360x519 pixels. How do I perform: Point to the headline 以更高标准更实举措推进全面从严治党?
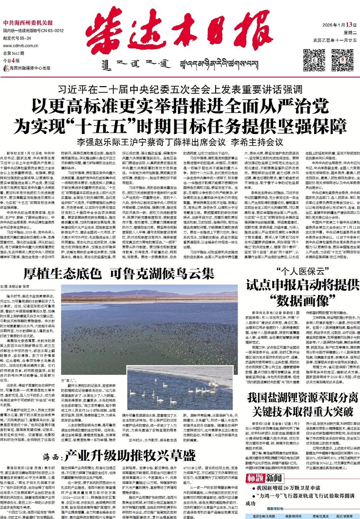tap(180, 107)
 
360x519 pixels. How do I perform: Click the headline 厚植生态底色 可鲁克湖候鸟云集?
tap(119, 274)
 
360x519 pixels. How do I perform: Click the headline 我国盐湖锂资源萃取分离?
tap(303, 398)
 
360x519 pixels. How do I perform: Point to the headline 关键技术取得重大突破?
tap(303, 411)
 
